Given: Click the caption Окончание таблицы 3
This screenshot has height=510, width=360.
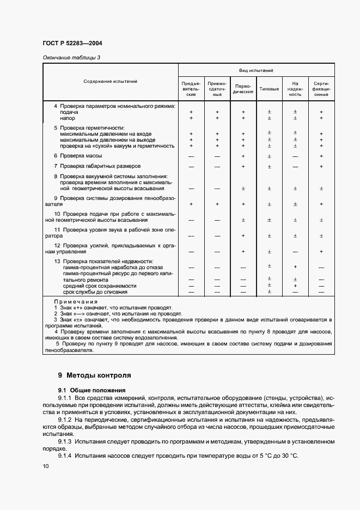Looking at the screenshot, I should (x=71, y=57).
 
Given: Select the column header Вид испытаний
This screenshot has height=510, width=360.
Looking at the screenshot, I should (x=256, y=70).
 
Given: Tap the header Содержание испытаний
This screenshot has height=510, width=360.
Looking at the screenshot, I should (x=110, y=81).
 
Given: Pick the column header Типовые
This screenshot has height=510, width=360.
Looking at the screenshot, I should (x=269, y=88).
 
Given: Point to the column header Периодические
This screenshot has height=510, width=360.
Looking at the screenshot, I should (x=243, y=88).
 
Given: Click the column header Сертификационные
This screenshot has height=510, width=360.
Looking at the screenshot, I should (x=321, y=88).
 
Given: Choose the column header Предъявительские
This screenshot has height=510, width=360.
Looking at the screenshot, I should (x=191, y=88).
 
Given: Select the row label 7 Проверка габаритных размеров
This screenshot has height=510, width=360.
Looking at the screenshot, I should (x=97, y=166).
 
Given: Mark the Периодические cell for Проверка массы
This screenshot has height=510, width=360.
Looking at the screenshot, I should (x=243, y=156).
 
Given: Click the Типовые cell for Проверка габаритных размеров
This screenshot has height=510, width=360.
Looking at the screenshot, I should (x=269, y=166).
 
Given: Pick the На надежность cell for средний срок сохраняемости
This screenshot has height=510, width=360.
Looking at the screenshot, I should (x=295, y=286).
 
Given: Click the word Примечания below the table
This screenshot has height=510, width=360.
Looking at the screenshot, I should (x=76, y=301).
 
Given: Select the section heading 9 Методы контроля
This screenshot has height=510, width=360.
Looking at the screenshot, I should (x=94, y=375).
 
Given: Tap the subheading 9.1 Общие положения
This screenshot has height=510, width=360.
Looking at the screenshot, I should (x=92, y=390).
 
